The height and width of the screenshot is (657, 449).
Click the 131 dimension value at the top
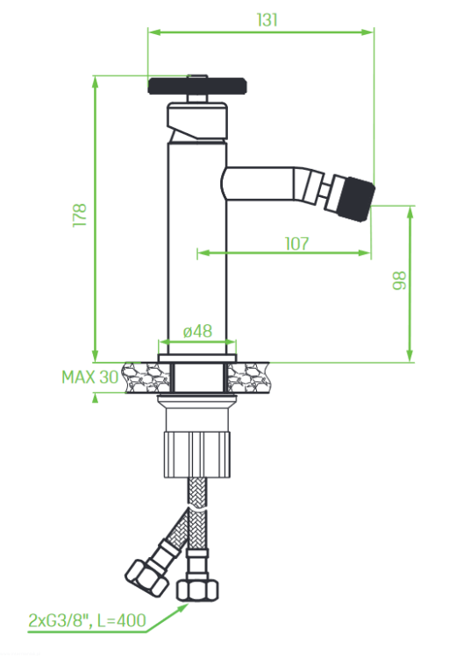pos(267,19)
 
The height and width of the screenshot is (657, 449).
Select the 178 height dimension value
pos(80,215)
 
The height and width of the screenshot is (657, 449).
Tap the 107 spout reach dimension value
pos(296,244)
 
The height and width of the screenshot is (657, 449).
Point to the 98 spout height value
pos(400,280)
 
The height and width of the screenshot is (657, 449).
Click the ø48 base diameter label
pos(197,331)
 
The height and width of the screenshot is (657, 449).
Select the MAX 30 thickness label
pos(90,377)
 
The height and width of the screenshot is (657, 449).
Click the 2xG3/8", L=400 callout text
pos(88,620)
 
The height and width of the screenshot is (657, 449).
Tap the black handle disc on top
pos(197,86)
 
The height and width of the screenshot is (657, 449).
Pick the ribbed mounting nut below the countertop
pos(197,455)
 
